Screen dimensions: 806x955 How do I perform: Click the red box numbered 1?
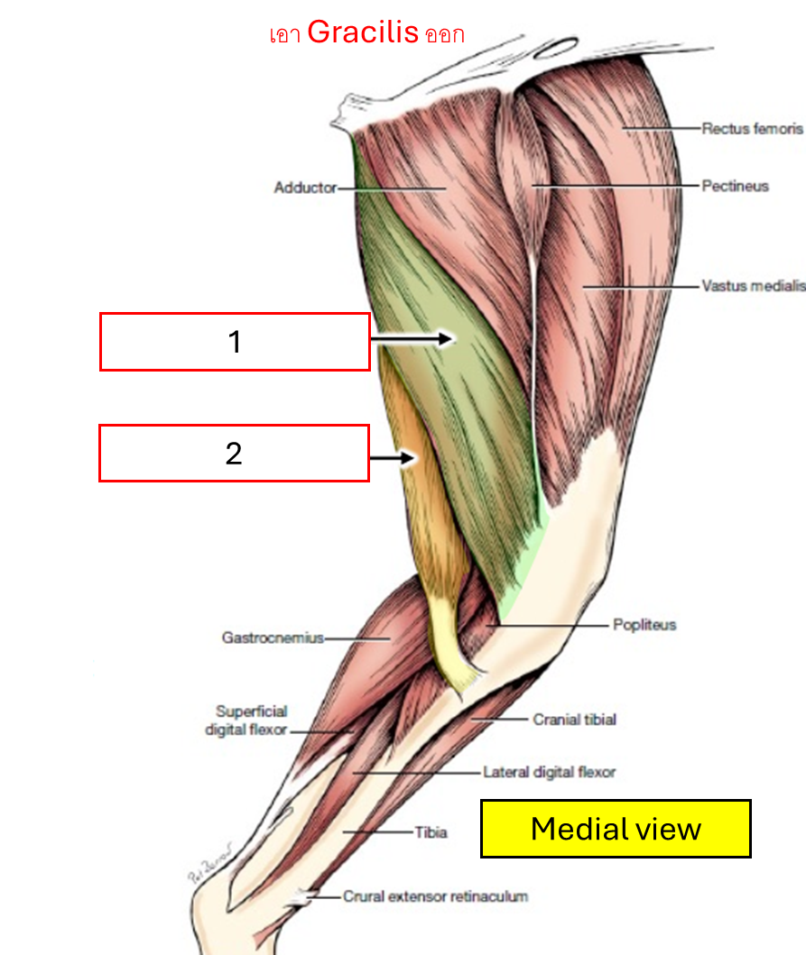pyautogui.click(x=235, y=342)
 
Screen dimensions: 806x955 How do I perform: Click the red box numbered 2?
pyautogui.click(x=234, y=454)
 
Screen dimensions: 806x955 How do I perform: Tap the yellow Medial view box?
pyautogui.click(x=616, y=828)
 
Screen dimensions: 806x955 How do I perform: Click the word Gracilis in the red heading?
pyautogui.click(x=363, y=33)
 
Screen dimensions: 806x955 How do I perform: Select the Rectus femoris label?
pyautogui.click(x=752, y=129)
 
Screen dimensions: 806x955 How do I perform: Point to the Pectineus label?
pyautogui.click(x=735, y=186)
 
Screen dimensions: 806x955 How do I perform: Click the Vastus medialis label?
pyautogui.click(x=753, y=287)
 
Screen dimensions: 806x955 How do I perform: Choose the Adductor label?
pyautogui.click(x=305, y=188)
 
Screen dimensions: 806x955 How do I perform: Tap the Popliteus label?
pyautogui.click(x=644, y=624)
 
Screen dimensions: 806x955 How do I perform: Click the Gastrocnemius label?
pyautogui.click(x=273, y=638)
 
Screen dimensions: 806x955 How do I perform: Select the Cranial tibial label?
pyautogui.click(x=574, y=720)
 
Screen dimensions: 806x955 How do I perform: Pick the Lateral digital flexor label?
pyautogui.click(x=549, y=772)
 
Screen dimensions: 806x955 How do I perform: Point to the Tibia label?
pyautogui.click(x=431, y=832)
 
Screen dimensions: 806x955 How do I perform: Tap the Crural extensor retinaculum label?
pyautogui.click(x=435, y=896)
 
